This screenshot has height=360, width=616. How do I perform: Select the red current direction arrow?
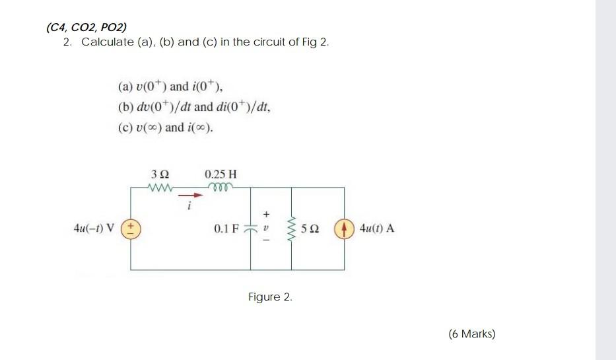[189, 195]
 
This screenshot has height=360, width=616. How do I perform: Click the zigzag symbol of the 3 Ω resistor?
[160, 188]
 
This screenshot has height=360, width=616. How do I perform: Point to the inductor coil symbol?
[221, 187]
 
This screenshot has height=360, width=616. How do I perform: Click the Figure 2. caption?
[270, 297]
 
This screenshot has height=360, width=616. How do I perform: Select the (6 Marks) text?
[471, 334]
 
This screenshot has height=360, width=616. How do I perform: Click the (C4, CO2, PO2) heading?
[86, 27]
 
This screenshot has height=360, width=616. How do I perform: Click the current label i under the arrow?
[188, 206]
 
